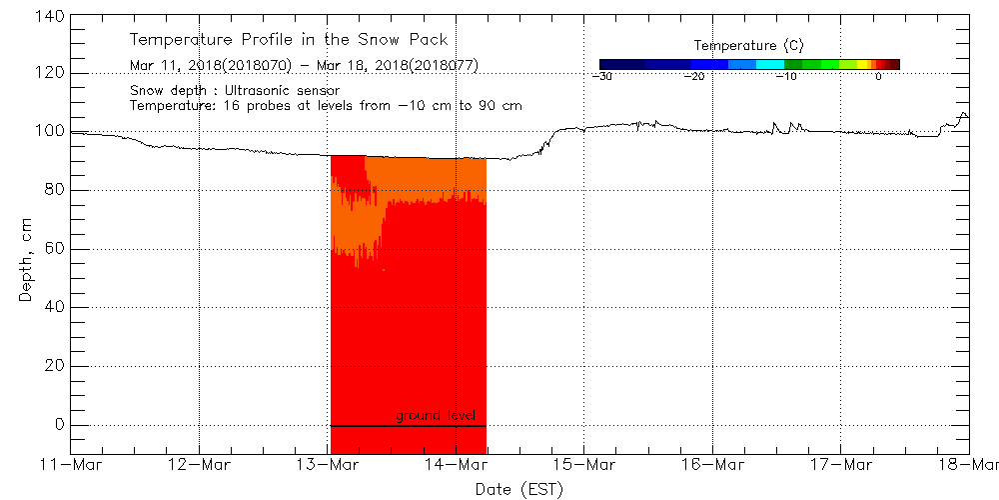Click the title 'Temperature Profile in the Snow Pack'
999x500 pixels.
point(289,40)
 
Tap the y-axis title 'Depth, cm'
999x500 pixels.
point(26,249)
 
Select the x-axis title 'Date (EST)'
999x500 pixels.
point(518,488)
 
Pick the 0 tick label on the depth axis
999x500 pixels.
point(59,425)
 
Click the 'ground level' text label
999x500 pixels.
point(436,415)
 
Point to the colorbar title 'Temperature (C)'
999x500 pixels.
point(748,46)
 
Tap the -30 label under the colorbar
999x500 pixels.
point(601,77)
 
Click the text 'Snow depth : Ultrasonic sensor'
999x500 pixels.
point(235,90)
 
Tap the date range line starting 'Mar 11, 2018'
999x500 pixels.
point(304,66)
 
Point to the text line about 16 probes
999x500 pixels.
point(326,105)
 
